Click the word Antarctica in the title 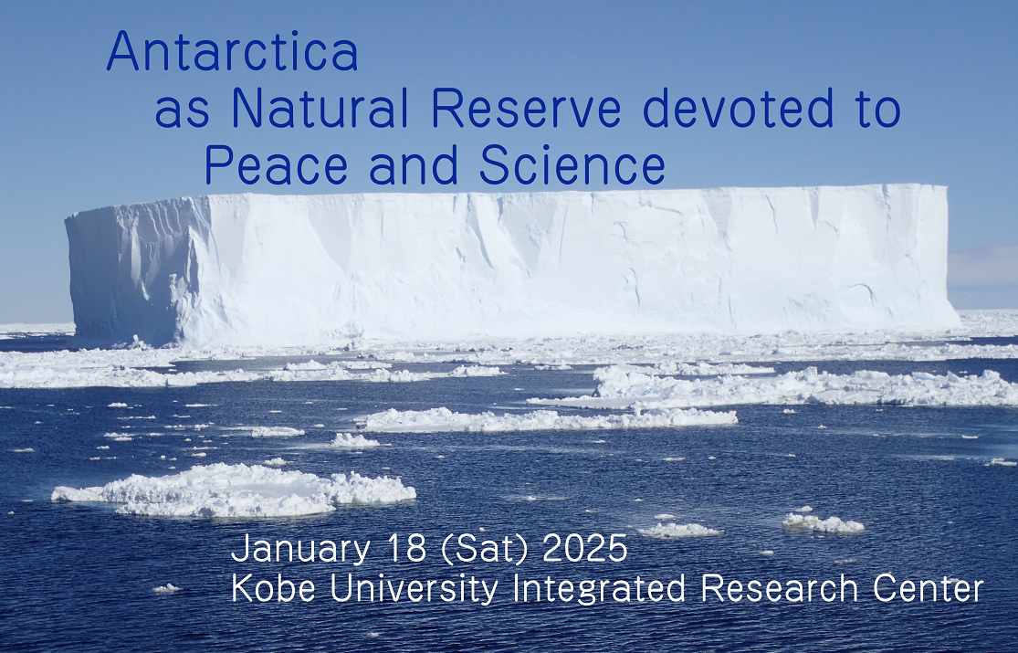pyautogui.click(x=233, y=50)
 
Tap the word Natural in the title pyautogui.click(x=320, y=108)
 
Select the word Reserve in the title pyautogui.click(x=526, y=108)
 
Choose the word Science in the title pyautogui.click(x=572, y=165)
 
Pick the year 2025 pyautogui.click(x=585, y=548)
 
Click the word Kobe pyautogui.click(x=273, y=589)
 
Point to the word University pyautogui.click(x=415, y=590)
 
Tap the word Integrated pyautogui.click(x=599, y=590)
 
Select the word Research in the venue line pyautogui.click(x=779, y=589)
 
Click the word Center pyautogui.click(x=928, y=589)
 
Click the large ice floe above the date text pyautogui.click(x=234, y=490)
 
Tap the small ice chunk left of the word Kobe pyautogui.click(x=166, y=589)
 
